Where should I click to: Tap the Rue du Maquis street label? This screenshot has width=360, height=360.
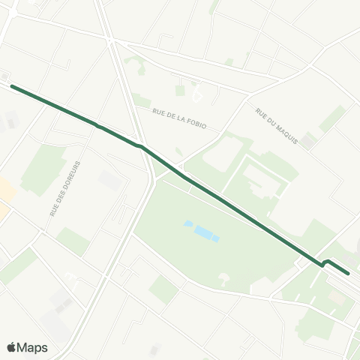pyautogui.click(x=277, y=126)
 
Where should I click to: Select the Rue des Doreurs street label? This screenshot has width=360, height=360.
pyautogui.click(x=65, y=188)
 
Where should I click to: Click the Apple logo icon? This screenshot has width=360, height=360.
pyautogui.click(x=12, y=347)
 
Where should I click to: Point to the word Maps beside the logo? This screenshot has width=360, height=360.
pyautogui.click(x=33, y=347)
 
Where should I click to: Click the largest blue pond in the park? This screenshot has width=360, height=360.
pyautogui.click(x=204, y=232)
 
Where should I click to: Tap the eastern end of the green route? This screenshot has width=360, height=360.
pyautogui.click(x=348, y=274)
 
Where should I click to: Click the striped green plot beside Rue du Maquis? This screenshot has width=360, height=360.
pyautogui.click(x=331, y=118)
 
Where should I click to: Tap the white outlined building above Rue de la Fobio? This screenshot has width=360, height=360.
pyautogui.click(x=197, y=96)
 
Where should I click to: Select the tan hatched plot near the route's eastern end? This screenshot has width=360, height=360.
pyautogui.click(x=336, y=298)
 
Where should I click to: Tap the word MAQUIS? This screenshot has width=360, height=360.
pyautogui.click(x=286, y=135)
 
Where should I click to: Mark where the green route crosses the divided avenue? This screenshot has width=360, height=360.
pyautogui.click(x=140, y=145)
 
